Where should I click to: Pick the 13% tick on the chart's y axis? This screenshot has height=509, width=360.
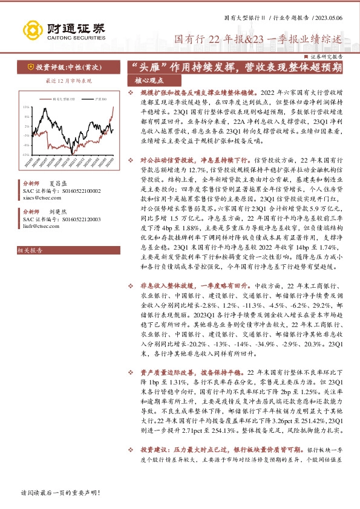coord(25,106)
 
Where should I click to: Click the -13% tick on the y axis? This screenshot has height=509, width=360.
coord(25,154)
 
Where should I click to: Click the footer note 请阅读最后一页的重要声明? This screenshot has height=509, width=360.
coord(60,493)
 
